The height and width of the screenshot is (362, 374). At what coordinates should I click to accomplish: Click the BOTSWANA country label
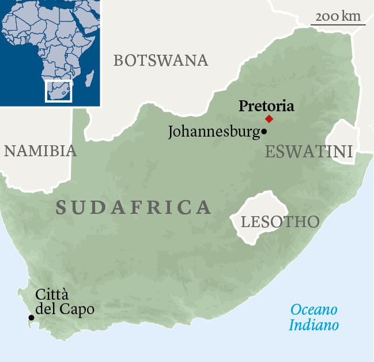point(160,60)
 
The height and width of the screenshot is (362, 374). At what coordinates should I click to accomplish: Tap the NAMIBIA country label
point(40,151)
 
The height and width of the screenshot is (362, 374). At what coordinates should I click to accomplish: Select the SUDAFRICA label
point(133,208)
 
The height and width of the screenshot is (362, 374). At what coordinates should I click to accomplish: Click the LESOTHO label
point(279,222)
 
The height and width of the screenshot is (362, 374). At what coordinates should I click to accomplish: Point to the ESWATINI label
point(308,152)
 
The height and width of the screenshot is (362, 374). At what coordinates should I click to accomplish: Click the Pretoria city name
point(266,106)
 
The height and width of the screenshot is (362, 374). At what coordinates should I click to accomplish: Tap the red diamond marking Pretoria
point(269,119)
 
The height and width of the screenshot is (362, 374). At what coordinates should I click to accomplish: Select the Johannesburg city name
point(213,132)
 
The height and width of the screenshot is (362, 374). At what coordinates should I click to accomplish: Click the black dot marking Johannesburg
point(264,132)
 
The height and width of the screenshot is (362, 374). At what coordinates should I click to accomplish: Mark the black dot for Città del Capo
point(31,318)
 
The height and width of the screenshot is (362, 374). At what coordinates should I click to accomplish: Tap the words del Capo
point(65,309)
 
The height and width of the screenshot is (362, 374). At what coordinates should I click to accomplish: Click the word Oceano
point(313,309)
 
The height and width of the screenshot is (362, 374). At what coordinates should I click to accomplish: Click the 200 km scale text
point(338,16)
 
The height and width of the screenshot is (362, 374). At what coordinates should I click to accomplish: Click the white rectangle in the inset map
point(58,92)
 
